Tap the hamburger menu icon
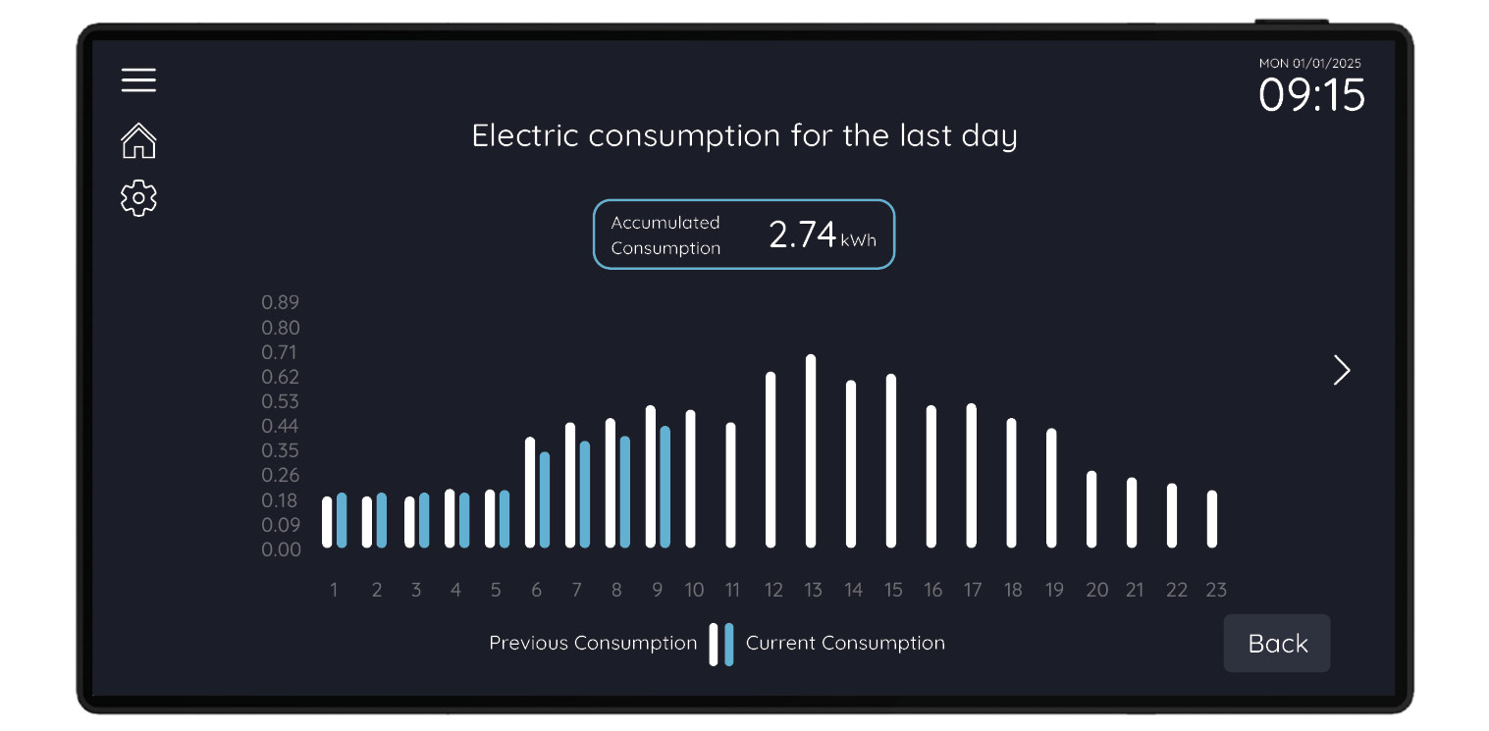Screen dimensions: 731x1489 tap(138, 79)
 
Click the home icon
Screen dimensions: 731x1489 tap(138, 140)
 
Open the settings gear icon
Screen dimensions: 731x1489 tap(138, 198)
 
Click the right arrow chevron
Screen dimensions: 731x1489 tap(1342, 370)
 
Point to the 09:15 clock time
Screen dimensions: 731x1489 tap(1311, 96)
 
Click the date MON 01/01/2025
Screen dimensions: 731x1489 tap(1309, 64)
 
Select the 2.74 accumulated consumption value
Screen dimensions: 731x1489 tap(802, 235)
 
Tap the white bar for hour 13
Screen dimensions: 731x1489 tap(811, 451)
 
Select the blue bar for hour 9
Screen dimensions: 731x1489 tap(665, 487)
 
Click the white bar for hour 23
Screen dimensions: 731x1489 tap(1212, 519)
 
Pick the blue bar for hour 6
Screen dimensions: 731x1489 tap(545, 499)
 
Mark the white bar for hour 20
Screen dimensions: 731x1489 tap(1091, 509)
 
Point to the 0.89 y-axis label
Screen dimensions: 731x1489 tap(280, 302)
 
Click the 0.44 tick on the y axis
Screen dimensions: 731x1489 tap(280, 426)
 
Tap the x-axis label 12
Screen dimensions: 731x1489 tap(773, 590)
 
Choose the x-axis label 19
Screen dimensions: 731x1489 tap(1054, 590)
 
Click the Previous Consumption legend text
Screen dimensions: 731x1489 tap(593, 644)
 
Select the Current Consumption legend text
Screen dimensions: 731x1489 tap(845, 644)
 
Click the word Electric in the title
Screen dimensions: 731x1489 tap(525, 135)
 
